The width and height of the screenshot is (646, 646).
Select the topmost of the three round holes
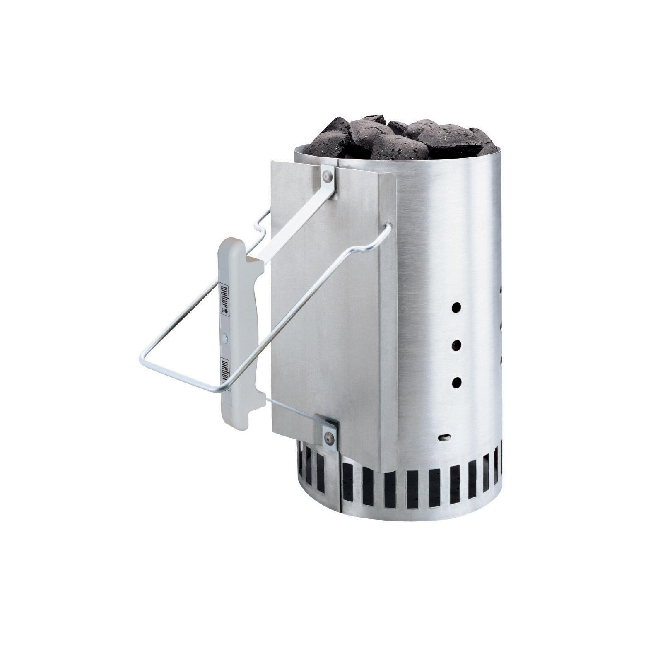(x=456, y=307)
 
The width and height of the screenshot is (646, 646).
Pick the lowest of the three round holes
(x=456, y=383)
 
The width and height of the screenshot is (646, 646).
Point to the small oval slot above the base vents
(x=445, y=436)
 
